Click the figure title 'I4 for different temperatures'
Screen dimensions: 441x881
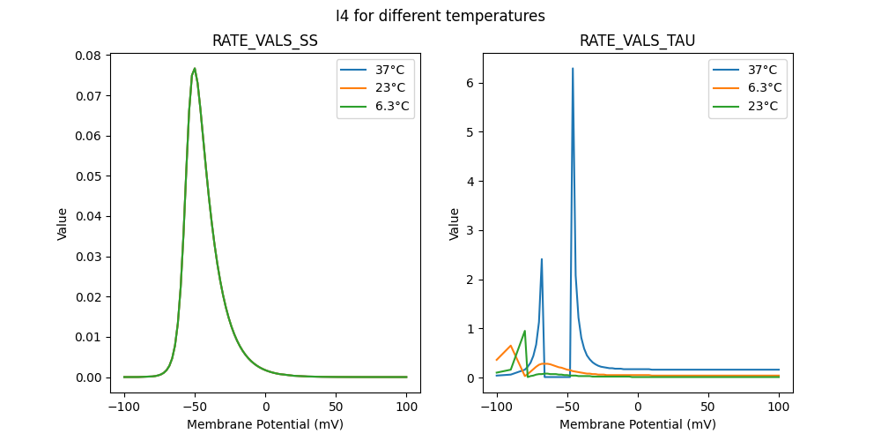[440, 16]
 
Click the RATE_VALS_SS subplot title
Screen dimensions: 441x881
[265, 41]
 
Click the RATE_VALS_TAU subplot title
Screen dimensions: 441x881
[638, 41]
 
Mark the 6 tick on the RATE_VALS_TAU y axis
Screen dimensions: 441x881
[473, 83]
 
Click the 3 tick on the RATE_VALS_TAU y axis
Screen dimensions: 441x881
[473, 230]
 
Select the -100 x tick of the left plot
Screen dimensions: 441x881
[124, 407]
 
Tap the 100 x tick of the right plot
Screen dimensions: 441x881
[779, 407]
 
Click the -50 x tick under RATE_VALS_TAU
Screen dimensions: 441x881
[567, 407]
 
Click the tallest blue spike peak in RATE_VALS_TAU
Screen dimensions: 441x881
[573, 69]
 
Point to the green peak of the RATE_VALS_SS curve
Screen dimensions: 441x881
[195, 69]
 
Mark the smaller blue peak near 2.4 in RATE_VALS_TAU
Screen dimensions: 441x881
[542, 259]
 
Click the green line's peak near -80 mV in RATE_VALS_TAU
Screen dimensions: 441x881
[525, 331]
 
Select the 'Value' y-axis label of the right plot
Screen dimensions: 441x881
[455, 224]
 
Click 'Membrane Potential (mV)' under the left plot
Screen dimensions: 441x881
[265, 424]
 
